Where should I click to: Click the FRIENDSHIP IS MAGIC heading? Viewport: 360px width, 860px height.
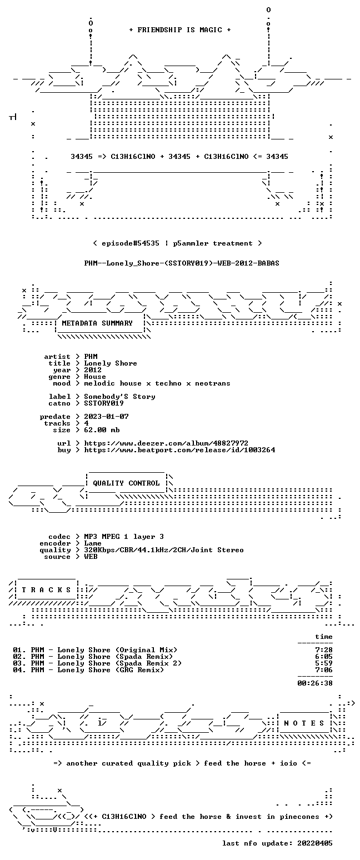[180, 30]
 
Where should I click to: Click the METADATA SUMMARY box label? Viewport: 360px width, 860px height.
[97, 323]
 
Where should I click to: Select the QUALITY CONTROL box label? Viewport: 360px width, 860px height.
[126, 483]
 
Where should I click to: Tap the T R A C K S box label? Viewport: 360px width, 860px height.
[47, 589]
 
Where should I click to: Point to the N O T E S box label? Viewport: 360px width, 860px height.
[303, 723]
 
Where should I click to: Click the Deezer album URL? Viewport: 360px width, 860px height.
[166, 443]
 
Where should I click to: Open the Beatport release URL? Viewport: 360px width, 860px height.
[179, 450]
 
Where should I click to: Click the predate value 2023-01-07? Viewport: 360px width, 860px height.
[106, 417]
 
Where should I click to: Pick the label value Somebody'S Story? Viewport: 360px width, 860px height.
[120, 397]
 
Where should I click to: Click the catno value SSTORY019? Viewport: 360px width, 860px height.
[104, 403]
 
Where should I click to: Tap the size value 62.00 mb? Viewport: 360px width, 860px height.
[102, 430]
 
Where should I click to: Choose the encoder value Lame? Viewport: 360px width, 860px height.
[93, 543]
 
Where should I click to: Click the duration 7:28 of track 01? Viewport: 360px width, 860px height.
[323, 650]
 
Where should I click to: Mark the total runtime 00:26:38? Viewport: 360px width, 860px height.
[314, 683]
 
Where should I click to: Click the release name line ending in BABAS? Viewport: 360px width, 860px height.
[182, 263]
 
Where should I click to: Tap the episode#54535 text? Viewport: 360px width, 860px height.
[131, 243]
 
